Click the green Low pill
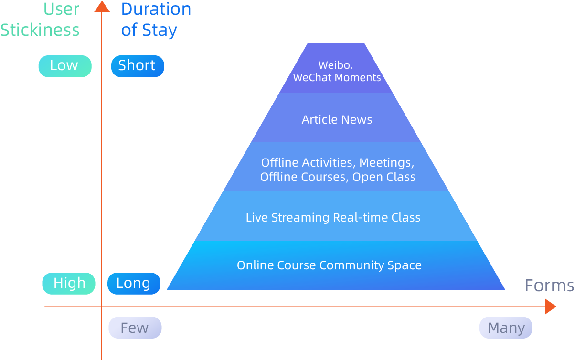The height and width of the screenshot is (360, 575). tap(65, 66)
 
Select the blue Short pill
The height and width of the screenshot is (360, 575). tap(138, 66)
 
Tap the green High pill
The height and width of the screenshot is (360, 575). tap(69, 284)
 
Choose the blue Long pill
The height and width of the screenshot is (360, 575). tap(134, 284)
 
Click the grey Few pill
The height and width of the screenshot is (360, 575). tap(135, 328)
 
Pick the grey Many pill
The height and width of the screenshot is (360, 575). tap(506, 328)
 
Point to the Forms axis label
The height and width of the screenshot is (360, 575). tap(549, 286)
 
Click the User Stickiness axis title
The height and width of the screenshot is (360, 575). tap(40, 20)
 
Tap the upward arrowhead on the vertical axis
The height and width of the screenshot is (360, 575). tap(102, 6)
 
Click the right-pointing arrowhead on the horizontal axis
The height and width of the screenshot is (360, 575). tap(550, 307)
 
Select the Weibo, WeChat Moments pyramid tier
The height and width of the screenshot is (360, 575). tap(336, 68)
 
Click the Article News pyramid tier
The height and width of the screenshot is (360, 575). tap(336, 117)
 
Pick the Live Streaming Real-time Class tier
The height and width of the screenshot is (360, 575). tap(336, 216)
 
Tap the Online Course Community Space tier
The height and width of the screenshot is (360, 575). tap(336, 265)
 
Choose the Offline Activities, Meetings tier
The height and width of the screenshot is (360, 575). tap(336, 167)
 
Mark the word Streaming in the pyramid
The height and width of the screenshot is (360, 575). tap(300, 218)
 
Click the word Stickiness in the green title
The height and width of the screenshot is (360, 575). tap(40, 30)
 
